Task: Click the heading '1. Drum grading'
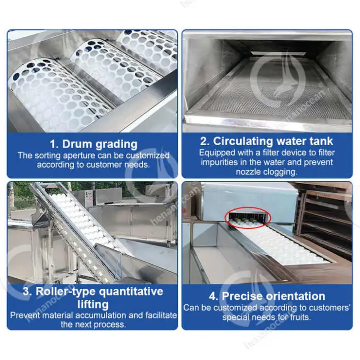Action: pos(94,144)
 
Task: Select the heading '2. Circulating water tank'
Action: pos(266,141)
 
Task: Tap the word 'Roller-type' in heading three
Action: pos(66,292)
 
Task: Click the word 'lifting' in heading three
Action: pos(93,304)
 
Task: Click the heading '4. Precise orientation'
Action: pos(267,296)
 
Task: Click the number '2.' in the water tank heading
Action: pos(205,141)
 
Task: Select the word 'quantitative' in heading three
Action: pos(131,292)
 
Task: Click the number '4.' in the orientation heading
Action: pos(214,296)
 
